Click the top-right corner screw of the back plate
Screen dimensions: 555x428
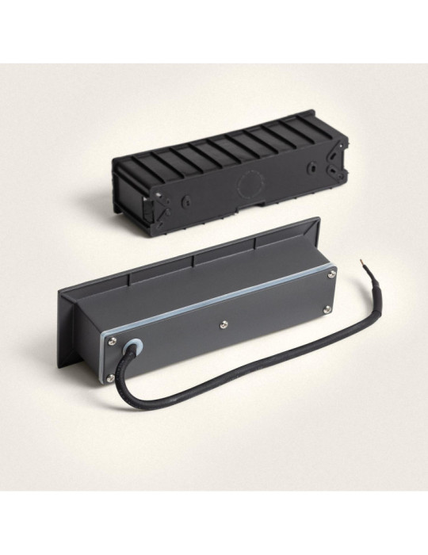point(331,274)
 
